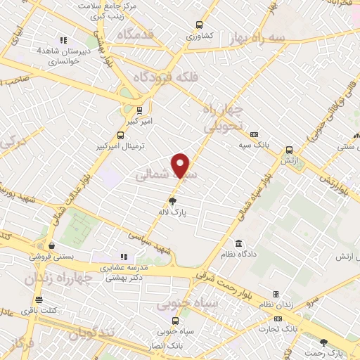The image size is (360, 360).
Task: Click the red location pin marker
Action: [x=181, y=165]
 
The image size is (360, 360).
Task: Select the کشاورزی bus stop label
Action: [x=199, y=34]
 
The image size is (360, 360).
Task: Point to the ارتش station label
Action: [x=289, y=161]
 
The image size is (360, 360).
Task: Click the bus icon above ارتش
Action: [x=289, y=150]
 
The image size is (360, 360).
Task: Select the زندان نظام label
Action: [x=275, y=305]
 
